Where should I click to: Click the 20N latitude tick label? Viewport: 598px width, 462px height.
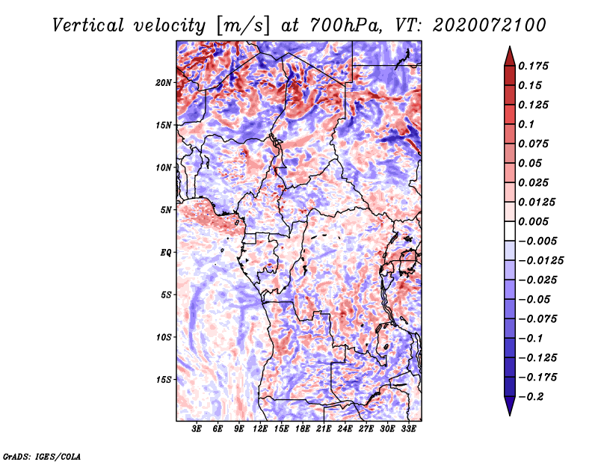click(x=163, y=83)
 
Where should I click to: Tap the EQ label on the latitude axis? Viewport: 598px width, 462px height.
click(x=165, y=253)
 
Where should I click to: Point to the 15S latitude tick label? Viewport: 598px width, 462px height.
click(x=163, y=380)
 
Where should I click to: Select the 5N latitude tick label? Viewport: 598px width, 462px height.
click(x=165, y=210)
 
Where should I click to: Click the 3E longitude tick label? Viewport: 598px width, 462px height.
click(x=197, y=429)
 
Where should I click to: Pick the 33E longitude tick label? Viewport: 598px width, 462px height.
click(x=408, y=429)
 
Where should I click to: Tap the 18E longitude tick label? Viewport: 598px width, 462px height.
click(x=303, y=429)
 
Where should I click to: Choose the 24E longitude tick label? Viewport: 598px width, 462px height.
click(x=345, y=429)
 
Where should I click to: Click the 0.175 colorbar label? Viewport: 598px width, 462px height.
click(x=533, y=66)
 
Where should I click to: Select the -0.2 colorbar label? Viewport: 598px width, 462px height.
click(x=531, y=397)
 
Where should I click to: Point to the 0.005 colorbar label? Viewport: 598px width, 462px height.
click(x=533, y=221)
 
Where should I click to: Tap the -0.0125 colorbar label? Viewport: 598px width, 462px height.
click(x=540, y=261)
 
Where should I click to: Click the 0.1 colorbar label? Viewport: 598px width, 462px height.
click(x=526, y=124)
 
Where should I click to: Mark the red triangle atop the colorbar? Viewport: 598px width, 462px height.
click(x=510, y=56)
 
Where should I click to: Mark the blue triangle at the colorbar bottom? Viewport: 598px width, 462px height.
click(x=510, y=406)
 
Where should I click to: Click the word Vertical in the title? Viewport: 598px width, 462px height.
click(x=88, y=25)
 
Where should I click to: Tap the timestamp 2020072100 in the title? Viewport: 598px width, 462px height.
click(x=490, y=25)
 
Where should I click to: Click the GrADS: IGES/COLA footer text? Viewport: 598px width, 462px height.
click(x=42, y=456)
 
